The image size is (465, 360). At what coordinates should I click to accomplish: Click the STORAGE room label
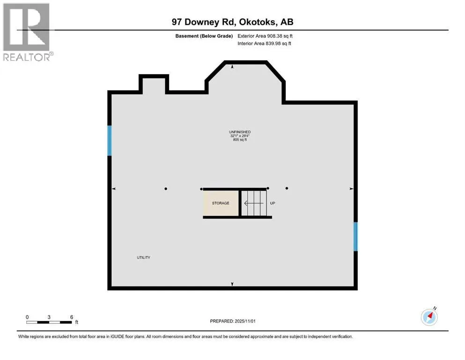click(x=221, y=203)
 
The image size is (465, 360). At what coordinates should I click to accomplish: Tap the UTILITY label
click(x=143, y=258)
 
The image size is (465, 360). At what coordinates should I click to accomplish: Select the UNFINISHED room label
click(x=233, y=132)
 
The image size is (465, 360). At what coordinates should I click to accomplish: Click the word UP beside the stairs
click(x=273, y=203)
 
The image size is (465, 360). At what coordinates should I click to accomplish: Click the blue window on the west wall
click(x=110, y=140)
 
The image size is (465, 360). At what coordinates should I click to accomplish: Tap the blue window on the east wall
click(x=355, y=236)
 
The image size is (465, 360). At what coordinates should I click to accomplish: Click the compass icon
click(x=429, y=317)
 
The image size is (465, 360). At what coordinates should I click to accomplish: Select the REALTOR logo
click(x=27, y=31)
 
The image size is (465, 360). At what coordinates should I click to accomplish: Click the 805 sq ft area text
click(x=233, y=140)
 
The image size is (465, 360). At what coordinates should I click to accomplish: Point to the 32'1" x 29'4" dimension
click(x=233, y=136)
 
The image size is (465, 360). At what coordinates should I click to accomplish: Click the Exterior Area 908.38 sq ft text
click(x=267, y=36)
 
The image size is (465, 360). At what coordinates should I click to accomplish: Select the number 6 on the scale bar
click(x=72, y=317)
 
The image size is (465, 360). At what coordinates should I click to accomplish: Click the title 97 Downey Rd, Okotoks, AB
click(x=232, y=22)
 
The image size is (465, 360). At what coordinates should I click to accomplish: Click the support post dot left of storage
click(x=166, y=189)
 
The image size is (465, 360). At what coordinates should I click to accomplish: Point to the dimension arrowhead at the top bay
click(x=233, y=67)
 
